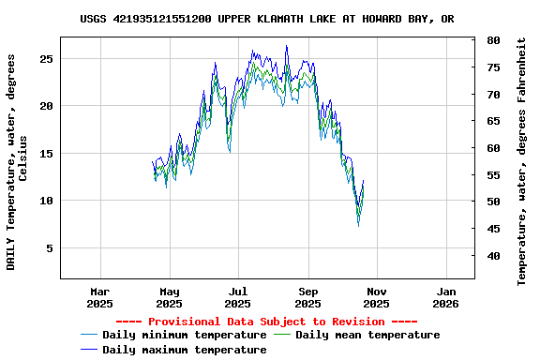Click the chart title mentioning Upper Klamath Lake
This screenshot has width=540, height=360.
coord(267,19)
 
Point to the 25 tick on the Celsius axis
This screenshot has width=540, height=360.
coord(46,58)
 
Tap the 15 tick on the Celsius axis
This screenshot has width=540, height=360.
coord(46,154)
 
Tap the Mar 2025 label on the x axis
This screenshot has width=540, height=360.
coord(99,296)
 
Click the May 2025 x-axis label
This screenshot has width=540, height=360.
coord(169,296)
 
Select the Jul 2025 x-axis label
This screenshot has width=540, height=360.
coord(238,296)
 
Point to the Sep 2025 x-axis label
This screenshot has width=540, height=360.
coord(307,296)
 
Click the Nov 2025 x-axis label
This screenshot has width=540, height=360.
coord(376,296)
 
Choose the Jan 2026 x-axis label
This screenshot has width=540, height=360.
coord(445,296)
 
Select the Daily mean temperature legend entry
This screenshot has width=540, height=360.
coord(367,335)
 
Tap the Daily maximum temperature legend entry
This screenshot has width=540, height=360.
coord(184,350)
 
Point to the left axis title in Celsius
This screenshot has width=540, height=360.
coord(17,161)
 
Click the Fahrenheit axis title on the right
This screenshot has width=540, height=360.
coord(522,161)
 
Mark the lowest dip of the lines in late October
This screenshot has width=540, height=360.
coord(358,224)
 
